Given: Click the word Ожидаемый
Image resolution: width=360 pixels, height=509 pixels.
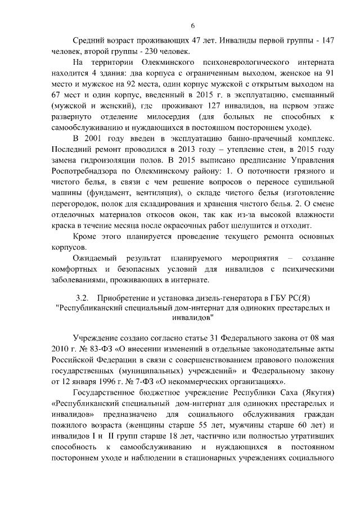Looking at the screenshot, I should [x=95, y=258].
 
